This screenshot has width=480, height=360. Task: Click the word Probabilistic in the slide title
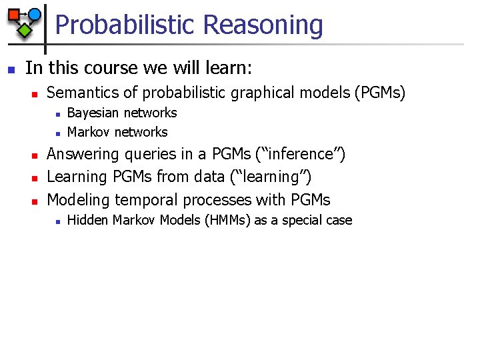125,25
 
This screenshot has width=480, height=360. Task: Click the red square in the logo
13,15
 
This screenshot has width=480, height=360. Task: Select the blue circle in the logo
35,14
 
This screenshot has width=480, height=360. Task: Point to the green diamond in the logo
25,30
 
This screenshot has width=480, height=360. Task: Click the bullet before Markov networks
58,133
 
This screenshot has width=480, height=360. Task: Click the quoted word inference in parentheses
300,154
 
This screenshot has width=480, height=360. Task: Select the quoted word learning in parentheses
273,177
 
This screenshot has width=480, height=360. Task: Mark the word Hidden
88,220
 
